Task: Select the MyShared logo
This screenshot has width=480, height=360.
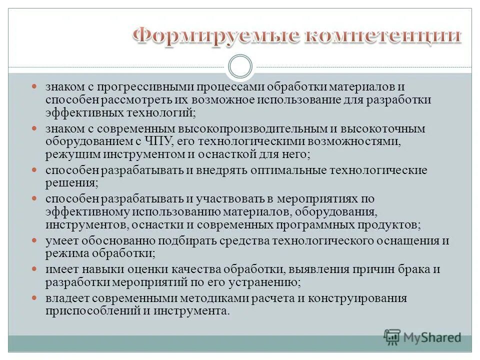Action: [422, 337]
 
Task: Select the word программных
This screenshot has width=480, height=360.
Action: [324, 223]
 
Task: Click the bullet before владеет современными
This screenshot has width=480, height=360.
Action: [34, 298]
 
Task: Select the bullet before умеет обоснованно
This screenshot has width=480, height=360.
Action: [34, 240]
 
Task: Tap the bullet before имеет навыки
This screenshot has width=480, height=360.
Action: [34, 269]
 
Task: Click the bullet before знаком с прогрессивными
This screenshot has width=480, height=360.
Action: [34, 87]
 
